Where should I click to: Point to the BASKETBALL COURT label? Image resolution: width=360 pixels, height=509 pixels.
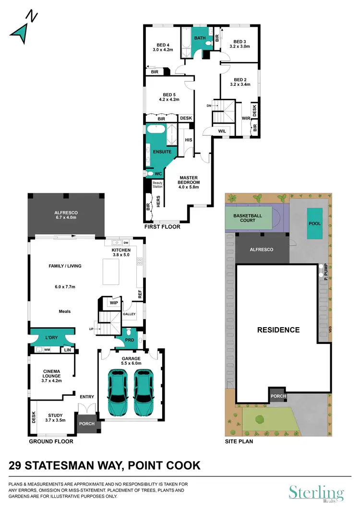pyautogui.click(x=248, y=219)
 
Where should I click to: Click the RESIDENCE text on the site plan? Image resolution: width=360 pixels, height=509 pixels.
pyautogui.click(x=278, y=330)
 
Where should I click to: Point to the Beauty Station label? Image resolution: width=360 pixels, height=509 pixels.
pyautogui.click(x=158, y=184)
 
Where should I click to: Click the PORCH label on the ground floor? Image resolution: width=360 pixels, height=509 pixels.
pyautogui.click(x=87, y=424)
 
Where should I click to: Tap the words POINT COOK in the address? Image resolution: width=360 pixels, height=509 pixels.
pyautogui.click(x=164, y=465)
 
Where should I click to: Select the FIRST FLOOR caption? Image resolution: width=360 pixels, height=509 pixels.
pyautogui.click(x=162, y=227)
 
